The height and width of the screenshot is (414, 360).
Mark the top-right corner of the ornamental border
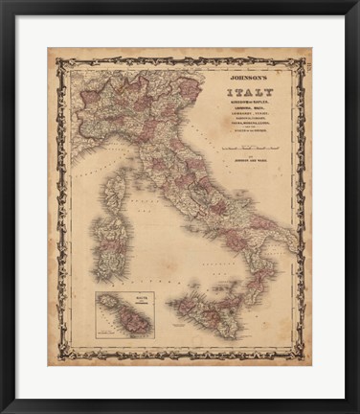pyautogui.click(x=304, y=60)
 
